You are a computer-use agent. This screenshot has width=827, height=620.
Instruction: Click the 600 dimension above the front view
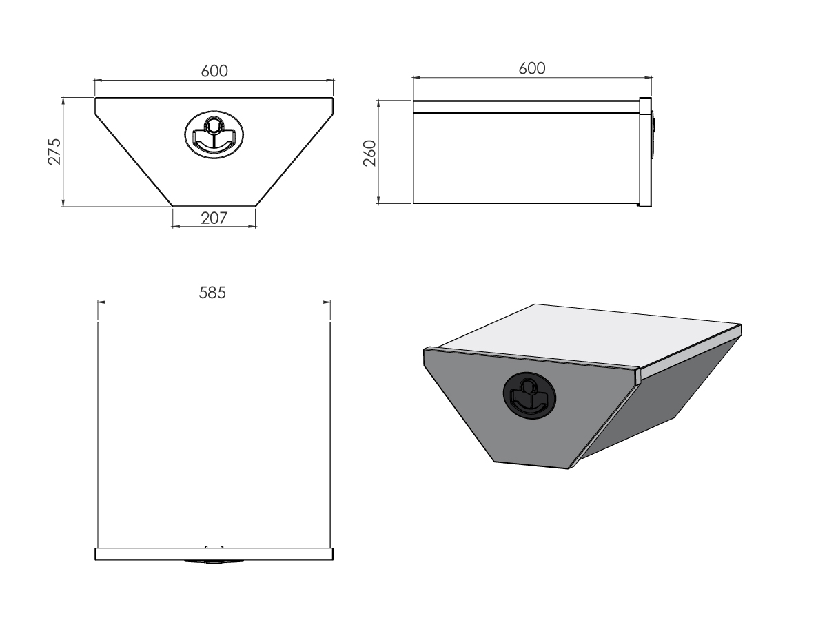click(x=214, y=71)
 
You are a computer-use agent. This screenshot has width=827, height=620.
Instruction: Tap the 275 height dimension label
click(x=54, y=152)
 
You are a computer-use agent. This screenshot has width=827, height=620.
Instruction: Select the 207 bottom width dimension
click(x=214, y=218)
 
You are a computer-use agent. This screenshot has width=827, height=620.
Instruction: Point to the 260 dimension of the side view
click(x=370, y=153)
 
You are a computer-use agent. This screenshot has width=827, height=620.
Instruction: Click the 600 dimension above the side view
click(x=532, y=68)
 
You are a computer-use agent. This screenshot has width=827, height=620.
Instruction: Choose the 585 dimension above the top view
click(x=212, y=293)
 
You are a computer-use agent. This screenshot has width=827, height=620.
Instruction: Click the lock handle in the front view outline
click(x=214, y=134)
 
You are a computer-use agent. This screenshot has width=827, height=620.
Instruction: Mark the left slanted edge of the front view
click(x=134, y=160)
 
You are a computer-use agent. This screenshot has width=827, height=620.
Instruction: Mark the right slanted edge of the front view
click(x=294, y=160)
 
